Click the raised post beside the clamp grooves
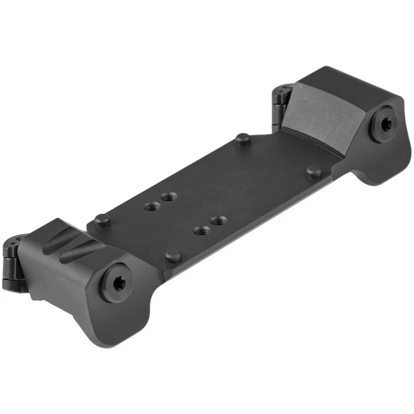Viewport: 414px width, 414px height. click(x=101, y=220)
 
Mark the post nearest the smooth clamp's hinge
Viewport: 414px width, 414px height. click(x=242, y=138)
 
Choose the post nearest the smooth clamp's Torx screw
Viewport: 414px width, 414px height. click(x=314, y=170)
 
